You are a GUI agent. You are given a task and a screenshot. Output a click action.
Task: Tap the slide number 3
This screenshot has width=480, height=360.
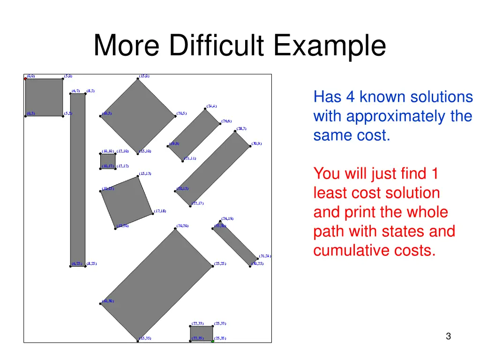tap(449, 336)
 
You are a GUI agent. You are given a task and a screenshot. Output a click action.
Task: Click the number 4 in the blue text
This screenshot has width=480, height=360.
tap(351, 97)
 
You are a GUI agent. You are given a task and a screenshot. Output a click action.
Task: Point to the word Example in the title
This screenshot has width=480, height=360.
tap(330, 46)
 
